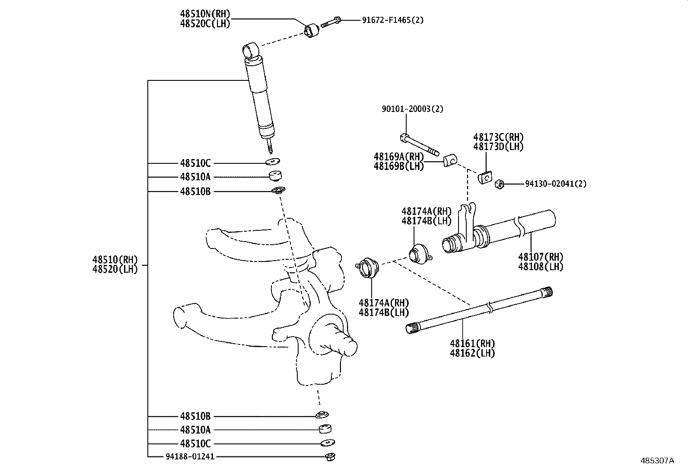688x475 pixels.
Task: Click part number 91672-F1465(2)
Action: pyautogui.click(x=392, y=20)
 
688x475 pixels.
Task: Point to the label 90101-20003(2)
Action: pyautogui.click(x=412, y=109)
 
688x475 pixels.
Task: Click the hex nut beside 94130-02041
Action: pyautogui.click(x=499, y=184)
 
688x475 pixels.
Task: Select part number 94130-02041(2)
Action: pyautogui.click(x=556, y=184)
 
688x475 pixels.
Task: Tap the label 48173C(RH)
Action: pyautogui.click(x=498, y=137)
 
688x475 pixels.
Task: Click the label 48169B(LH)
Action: pyautogui.click(x=398, y=166)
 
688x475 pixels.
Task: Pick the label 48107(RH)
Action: pyautogui.click(x=541, y=257)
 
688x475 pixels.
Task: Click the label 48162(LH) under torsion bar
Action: pyautogui.click(x=472, y=353)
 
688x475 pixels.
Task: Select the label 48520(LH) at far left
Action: pyautogui.click(x=115, y=269)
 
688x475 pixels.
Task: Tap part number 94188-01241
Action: pyautogui.click(x=190, y=456)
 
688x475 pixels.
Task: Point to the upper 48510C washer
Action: pyautogui.click(x=273, y=162)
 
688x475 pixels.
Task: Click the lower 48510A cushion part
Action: pyautogui.click(x=325, y=429)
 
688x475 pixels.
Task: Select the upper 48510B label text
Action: pyautogui.click(x=195, y=191)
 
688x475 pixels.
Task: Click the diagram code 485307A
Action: pyautogui.click(x=657, y=461)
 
